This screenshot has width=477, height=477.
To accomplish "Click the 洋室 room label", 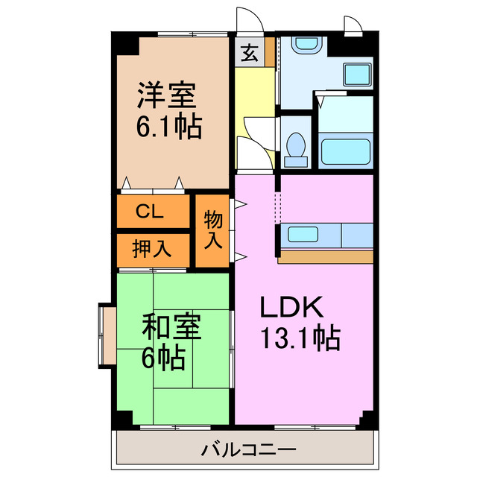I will coord(166,97).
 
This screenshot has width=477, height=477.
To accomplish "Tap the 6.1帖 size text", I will coord(168,127).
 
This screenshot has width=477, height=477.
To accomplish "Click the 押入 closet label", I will coord(151,249).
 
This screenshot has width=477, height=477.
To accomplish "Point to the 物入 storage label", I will coord(213,230).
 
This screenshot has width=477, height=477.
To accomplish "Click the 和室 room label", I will coord(171,329).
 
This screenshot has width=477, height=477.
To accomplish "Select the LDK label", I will coord(290,308).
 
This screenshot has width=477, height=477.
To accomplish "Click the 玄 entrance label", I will coord(249,53).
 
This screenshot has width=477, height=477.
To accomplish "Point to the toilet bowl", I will coord(297,145).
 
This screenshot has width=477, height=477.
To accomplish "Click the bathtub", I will coord(345,150).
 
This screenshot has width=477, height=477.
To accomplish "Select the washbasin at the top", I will coord(304,44).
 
